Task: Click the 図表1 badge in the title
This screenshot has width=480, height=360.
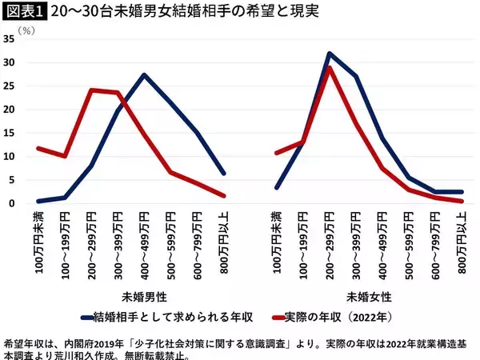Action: [x=25, y=12]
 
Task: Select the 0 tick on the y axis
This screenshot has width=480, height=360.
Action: [x=12, y=203]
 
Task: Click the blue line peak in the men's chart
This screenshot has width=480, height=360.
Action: [x=143, y=75]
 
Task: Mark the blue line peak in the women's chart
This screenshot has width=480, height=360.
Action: [x=329, y=54]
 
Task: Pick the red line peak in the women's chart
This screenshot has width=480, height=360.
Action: [x=329, y=68]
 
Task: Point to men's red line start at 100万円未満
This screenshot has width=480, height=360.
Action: [x=38, y=148]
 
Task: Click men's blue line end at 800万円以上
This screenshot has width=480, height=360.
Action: [x=223, y=173]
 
